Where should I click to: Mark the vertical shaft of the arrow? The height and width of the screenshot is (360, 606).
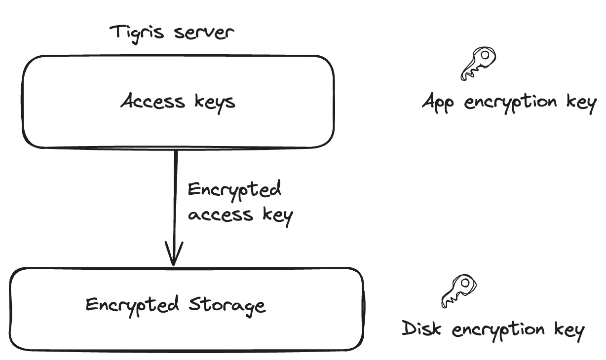click(x=175, y=197)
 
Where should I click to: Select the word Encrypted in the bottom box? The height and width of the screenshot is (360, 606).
click(x=132, y=305)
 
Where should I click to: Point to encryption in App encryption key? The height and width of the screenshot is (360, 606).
click(x=508, y=104)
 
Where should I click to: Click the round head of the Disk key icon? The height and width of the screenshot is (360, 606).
click(x=465, y=285)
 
